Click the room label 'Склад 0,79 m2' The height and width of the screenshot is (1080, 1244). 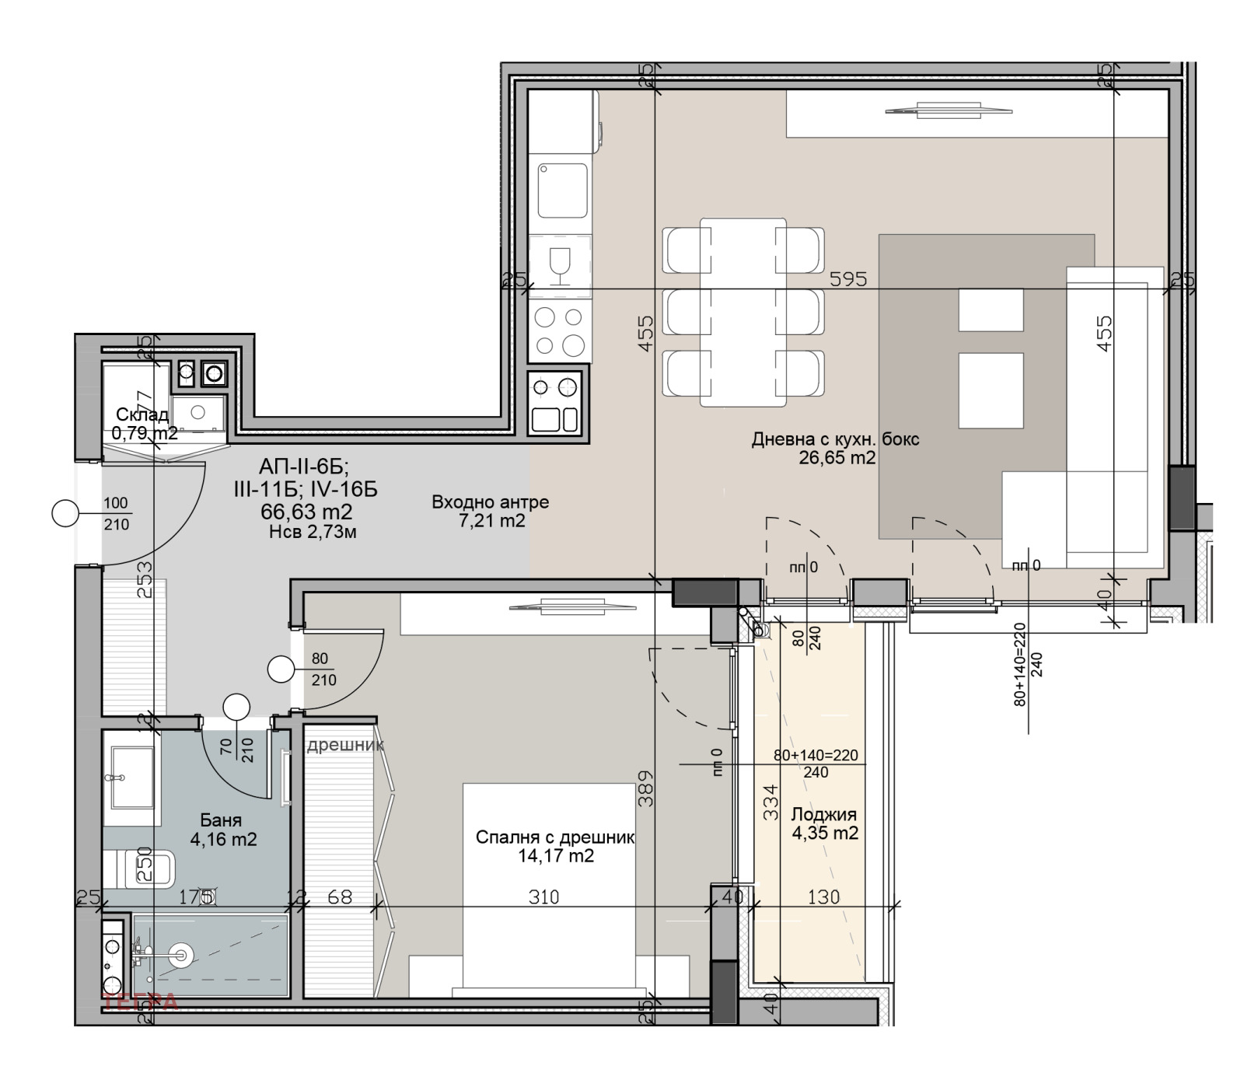[143, 424]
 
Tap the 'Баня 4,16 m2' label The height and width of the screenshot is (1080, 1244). [222, 830]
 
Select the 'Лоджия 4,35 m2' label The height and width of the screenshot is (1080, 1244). [824, 823]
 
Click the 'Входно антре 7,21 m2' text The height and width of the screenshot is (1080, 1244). [491, 511]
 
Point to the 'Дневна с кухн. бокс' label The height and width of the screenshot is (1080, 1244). [835, 439]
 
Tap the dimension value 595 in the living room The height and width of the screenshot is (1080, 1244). [847, 278]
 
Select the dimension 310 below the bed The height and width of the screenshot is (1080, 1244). [543, 897]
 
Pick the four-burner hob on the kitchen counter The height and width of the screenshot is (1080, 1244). [559, 330]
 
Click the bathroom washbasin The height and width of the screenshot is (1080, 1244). [132, 778]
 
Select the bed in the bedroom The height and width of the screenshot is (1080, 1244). [549, 886]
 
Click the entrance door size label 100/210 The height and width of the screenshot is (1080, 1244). [116, 514]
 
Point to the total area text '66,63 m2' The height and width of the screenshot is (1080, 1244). [306, 512]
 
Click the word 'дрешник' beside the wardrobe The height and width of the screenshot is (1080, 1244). [345, 746]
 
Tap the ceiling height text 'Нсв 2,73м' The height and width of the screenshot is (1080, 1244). [313, 533]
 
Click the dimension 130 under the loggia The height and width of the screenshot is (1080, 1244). [823, 897]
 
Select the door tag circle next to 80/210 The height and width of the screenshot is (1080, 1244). [280, 669]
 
